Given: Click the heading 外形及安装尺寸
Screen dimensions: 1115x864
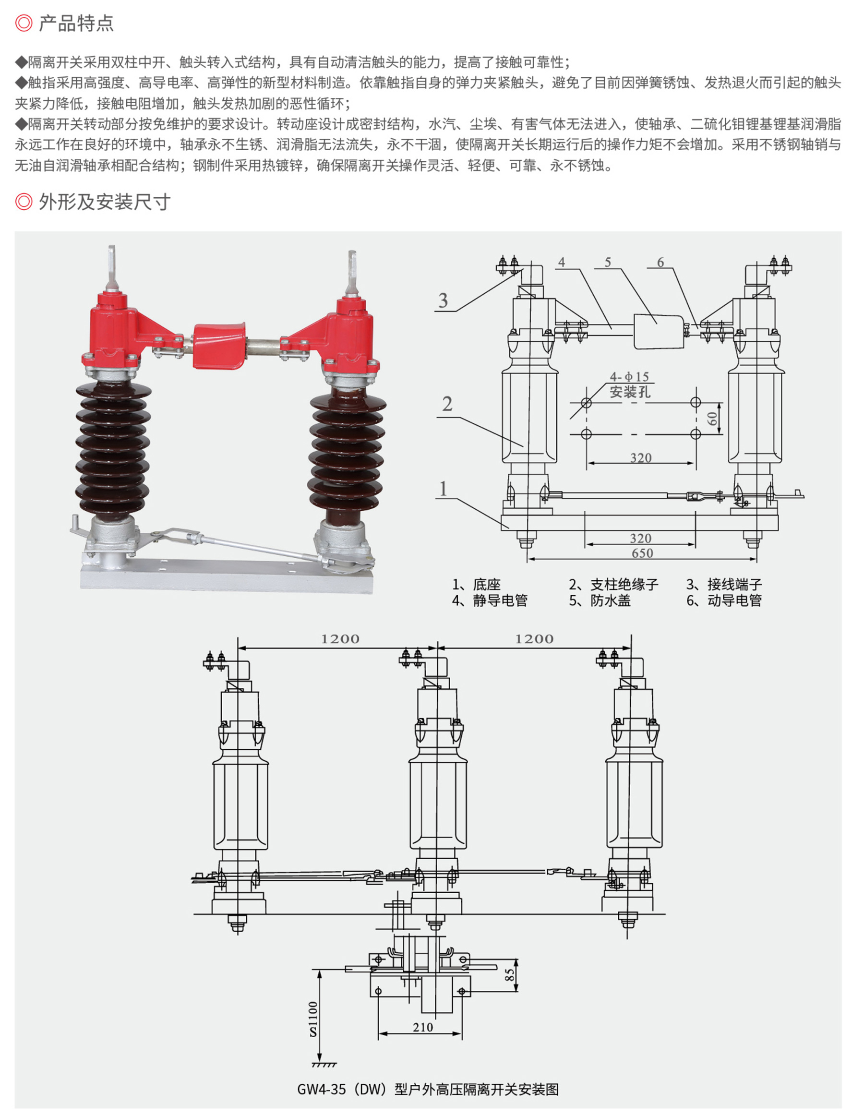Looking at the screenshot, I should [x=104, y=202].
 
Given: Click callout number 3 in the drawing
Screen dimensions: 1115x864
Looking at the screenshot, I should [x=443, y=300].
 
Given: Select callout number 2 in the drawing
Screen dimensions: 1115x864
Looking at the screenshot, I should [x=447, y=404].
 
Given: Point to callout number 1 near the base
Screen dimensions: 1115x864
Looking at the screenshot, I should [x=443, y=489].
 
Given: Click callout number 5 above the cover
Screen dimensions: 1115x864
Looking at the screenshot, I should [x=608, y=263].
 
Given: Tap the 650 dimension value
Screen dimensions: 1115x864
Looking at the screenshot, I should [x=642, y=553].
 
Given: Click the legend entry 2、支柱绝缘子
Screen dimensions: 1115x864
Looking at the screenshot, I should [x=613, y=584].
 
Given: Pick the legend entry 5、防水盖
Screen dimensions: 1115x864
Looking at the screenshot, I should [x=600, y=600].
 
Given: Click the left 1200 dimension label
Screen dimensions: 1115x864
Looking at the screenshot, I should [x=340, y=639].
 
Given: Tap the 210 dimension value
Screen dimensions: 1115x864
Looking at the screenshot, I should [x=423, y=1027].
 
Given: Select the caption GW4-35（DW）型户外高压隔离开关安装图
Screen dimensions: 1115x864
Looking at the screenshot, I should [x=428, y=1090].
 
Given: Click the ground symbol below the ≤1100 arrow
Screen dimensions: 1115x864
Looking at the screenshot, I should [x=323, y=1065].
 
